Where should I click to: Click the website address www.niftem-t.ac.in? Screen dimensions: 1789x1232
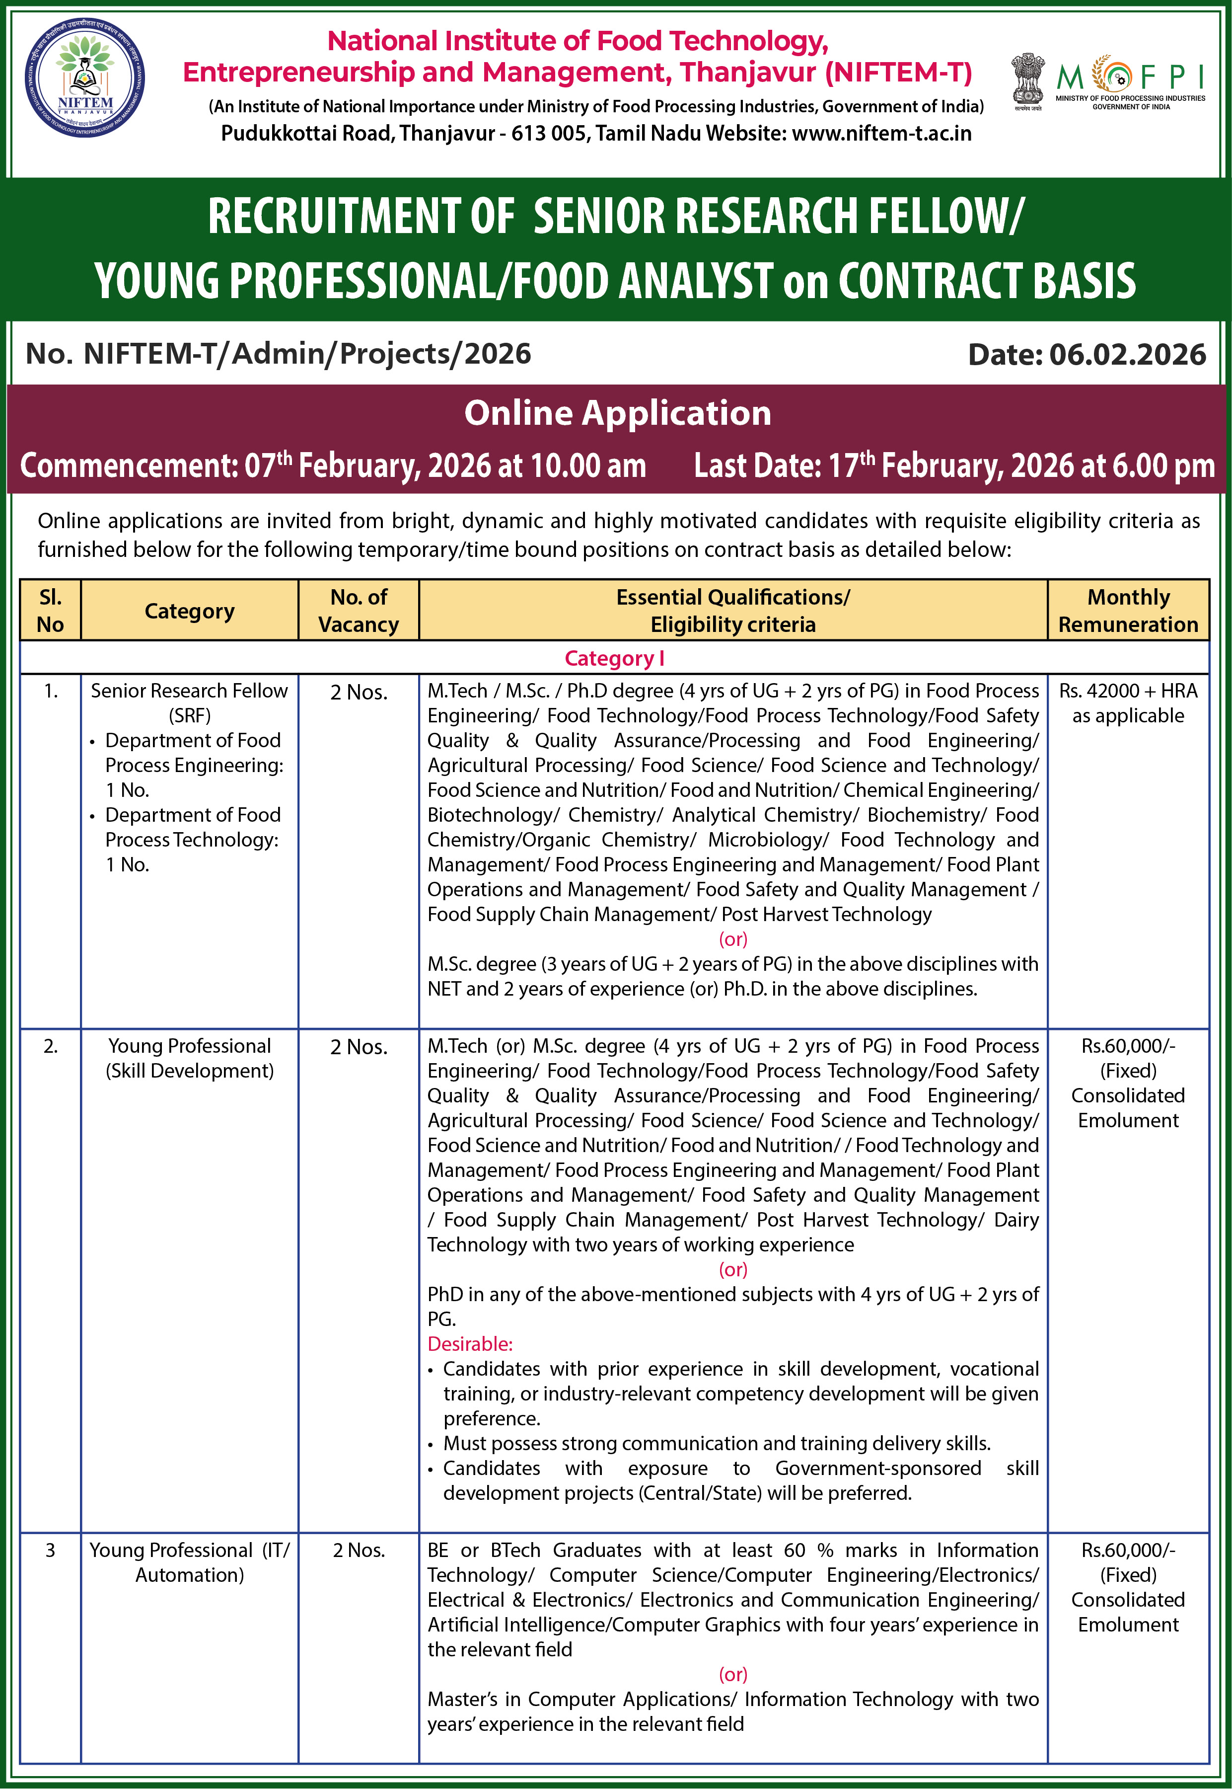tap(881, 134)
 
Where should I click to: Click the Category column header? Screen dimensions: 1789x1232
tap(189, 611)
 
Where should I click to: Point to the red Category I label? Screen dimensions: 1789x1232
tap(614, 659)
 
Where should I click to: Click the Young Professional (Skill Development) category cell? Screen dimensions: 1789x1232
tap(189, 1059)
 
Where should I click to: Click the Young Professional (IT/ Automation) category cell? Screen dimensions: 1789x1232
tap(189, 1563)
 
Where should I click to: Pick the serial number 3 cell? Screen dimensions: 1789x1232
tap(50, 1551)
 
